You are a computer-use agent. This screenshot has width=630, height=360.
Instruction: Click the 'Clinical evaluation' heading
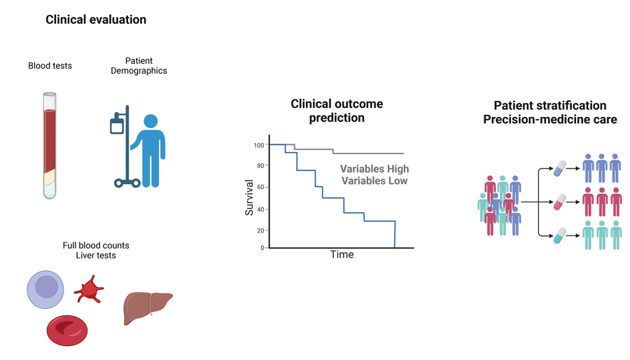[96, 20]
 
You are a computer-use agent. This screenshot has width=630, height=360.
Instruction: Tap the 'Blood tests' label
[50, 66]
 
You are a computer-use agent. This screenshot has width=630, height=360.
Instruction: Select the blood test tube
[49, 145]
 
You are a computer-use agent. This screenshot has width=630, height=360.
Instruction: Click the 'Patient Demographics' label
[139, 66]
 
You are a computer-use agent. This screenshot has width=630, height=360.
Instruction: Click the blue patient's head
[150, 122]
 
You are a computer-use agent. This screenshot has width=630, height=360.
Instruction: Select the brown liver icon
[147, 307]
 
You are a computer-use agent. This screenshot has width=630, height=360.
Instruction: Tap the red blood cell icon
[66, 330]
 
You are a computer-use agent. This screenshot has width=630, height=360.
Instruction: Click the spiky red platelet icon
[89, 289]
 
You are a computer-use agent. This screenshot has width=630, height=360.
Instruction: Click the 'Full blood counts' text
[96, 246]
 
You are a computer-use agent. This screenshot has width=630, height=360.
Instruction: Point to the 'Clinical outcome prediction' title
[337, 111]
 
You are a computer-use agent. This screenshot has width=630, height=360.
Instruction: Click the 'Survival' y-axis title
[249, 196]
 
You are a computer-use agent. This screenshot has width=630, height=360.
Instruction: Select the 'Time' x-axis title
[342, 255]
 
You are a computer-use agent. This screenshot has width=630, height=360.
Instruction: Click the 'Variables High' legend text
[374, 169]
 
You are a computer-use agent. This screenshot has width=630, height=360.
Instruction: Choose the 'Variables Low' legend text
[374, 181]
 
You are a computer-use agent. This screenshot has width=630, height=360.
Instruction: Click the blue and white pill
[559, 169]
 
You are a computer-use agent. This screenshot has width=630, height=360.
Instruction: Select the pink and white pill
[559, 202]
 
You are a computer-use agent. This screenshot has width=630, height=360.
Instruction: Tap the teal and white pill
[559, 236]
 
